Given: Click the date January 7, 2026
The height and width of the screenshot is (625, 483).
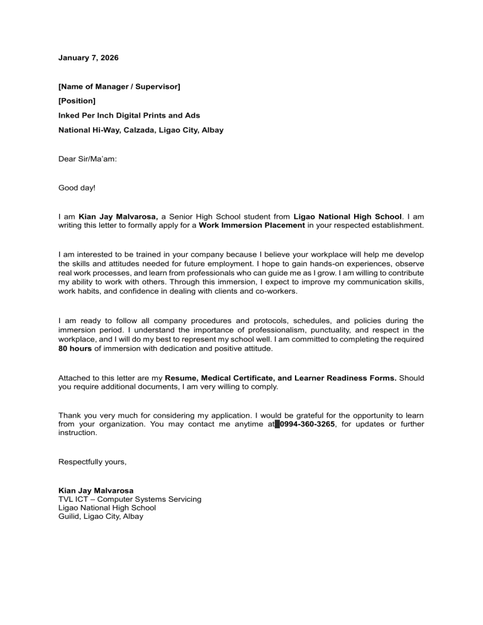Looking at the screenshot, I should tap(88, 58).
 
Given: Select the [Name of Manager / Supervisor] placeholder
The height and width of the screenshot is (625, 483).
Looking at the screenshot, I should tap(119, 86).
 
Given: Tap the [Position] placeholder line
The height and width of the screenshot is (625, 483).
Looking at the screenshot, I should tap(77, 101).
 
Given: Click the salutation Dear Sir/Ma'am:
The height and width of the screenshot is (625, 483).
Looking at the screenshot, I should tap(87, 160).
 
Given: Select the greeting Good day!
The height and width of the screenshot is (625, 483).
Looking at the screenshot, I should tap(77, 188).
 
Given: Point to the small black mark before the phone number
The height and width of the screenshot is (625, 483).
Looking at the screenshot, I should tap(277, 424).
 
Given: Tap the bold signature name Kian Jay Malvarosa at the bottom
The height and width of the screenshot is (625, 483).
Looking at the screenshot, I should tap(96, 490).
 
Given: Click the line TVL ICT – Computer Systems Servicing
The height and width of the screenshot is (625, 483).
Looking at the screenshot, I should tap(130, 499).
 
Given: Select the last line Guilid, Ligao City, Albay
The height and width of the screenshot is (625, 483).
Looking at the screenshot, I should tap(101, 517).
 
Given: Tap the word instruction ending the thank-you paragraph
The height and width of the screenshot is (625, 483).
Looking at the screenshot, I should tap(78, 433).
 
